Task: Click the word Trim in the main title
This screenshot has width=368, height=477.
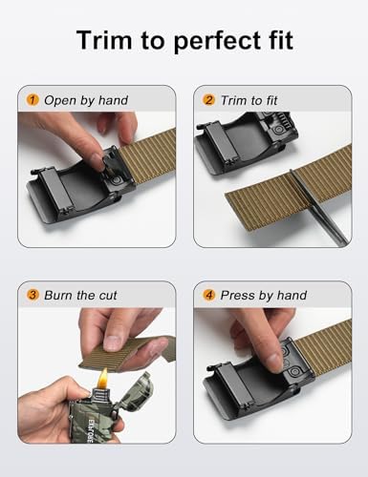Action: click(x=104, y=40)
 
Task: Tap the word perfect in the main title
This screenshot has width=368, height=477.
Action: click(x=220, y=41)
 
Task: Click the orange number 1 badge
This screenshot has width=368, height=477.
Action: click(x=32, y=100)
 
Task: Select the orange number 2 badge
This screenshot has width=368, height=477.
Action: click(x=208, y=100)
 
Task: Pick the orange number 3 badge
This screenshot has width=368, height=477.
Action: click(x=32, y=295)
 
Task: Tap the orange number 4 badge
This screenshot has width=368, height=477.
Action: click(x=208, y=295)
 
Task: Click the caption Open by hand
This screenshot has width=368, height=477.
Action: click(x=86, y=100)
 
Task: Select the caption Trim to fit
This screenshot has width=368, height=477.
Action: click(x=249, y=100)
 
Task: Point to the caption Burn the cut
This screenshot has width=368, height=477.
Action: click(x=80, y=295)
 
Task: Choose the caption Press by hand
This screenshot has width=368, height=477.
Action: click(x=264, y=296)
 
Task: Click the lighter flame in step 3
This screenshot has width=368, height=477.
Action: click(x=103, y=378)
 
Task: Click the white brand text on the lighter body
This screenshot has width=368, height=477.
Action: click(x=90, y=430)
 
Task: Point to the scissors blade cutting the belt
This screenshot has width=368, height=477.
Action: click(x=316, y=207)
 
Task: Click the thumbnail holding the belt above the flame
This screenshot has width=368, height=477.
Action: click(x=112, y=343)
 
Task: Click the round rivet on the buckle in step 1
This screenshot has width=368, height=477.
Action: click(x=116, y=180)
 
